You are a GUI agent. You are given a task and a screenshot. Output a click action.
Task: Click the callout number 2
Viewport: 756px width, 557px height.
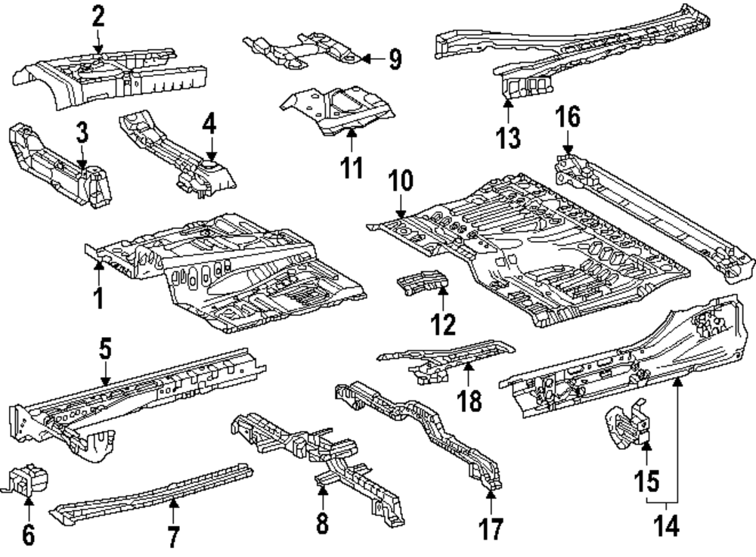pyautogui.click(x=98, y=16)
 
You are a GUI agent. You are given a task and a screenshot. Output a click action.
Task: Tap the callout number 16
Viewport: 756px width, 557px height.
pyautogui.click(x=568, y=117)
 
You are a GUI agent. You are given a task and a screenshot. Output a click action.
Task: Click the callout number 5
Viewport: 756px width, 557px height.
pyautogui.click(x=105, y=348)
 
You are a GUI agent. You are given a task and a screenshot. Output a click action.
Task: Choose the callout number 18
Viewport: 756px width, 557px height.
pyautogui.click(x=469, y=401)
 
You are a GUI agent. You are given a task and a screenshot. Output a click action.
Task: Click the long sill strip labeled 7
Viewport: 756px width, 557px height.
pyautogui.click(x=151, y=492)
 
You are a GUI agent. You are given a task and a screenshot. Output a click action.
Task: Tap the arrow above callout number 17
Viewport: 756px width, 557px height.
pyautogui.click(x=491, y=495)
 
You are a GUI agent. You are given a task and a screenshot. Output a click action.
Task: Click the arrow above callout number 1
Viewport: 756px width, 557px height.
pyautogui.click(x=98, y=264)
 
